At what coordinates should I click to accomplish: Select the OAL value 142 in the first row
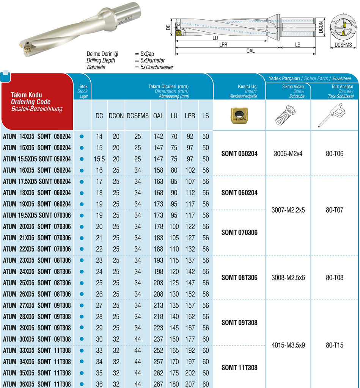click(x=158, y=136)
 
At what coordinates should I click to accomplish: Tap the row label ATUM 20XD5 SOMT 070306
click(x=37, y=227)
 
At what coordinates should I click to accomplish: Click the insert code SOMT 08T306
click(x=239, y=277)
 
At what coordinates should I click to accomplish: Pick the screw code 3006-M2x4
click(x=288, y=153)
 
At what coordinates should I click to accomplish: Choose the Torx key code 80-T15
click(x=334, y=345)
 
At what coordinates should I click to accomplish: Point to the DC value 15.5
click(x=99, y=159)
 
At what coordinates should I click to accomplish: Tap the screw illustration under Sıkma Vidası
click(x=288, y=115)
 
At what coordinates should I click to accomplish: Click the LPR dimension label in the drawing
click(x=223, y=44)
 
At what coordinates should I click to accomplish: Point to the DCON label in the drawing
click(x=321, y=27)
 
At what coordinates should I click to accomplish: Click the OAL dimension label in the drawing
click(x=250, y=51)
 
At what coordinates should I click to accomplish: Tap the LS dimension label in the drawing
click(x=297, y=44)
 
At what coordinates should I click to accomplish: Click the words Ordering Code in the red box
click(x=31, y=102)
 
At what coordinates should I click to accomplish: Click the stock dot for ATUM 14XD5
click(x=82, y=136)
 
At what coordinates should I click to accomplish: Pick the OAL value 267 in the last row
click(x=158, y=384)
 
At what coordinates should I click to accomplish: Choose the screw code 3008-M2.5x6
click(x=288, y=277)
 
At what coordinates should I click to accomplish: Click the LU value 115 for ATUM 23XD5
click(x=174, y=260)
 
